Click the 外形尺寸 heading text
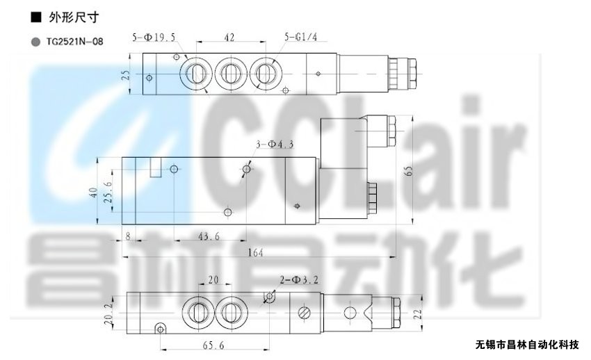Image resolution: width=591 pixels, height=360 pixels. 74,17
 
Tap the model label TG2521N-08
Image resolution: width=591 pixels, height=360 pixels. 74,42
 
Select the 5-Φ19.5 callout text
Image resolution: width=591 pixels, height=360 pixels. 154,38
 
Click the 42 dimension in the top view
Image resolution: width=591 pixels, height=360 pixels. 229,38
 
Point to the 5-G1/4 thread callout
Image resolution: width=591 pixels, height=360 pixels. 301,37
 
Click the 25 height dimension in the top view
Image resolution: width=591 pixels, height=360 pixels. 127,74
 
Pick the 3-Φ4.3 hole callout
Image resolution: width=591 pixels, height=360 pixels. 275,144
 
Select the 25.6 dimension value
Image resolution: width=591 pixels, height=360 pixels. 108,192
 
